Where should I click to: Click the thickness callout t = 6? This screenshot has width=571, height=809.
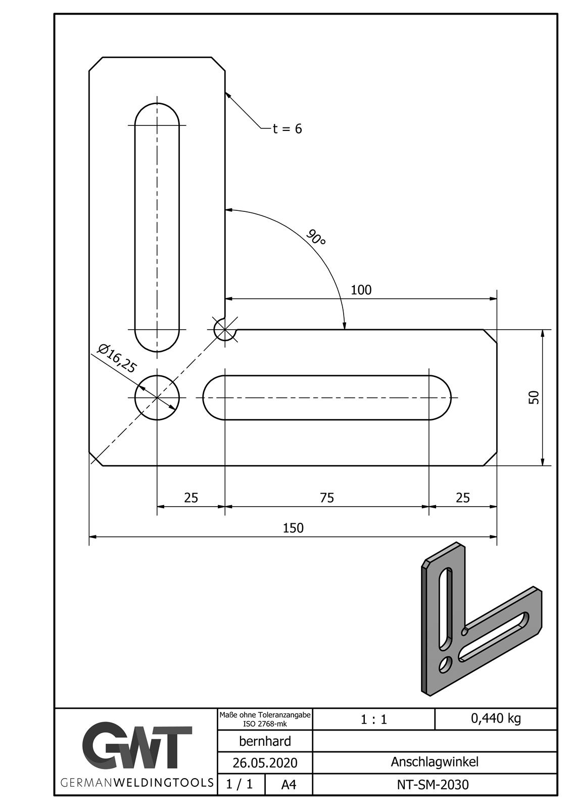(287, 129)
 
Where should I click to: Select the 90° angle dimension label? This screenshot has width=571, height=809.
(316, 237)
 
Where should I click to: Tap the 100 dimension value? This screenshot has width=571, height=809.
(361, 290)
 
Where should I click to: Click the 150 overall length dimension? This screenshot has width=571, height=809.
(293, 528)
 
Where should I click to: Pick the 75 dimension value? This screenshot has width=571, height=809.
(327, 498)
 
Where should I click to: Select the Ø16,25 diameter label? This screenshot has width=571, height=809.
(117, 358)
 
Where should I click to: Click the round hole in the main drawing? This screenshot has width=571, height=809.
(157, 397)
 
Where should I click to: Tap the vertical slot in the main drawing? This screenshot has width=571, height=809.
(157, 228)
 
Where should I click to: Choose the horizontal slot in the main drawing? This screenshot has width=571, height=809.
(327, 397)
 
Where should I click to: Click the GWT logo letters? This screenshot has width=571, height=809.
(137, 747)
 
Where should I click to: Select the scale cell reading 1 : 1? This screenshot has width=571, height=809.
(374, 719)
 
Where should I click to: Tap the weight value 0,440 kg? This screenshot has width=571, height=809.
(496, 718)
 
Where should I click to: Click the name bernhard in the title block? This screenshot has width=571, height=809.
(265, 741)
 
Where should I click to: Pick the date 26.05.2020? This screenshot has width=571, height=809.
(265, 762)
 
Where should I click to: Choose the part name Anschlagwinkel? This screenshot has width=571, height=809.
(434, 762)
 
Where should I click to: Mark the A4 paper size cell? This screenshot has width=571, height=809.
(289, 785)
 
